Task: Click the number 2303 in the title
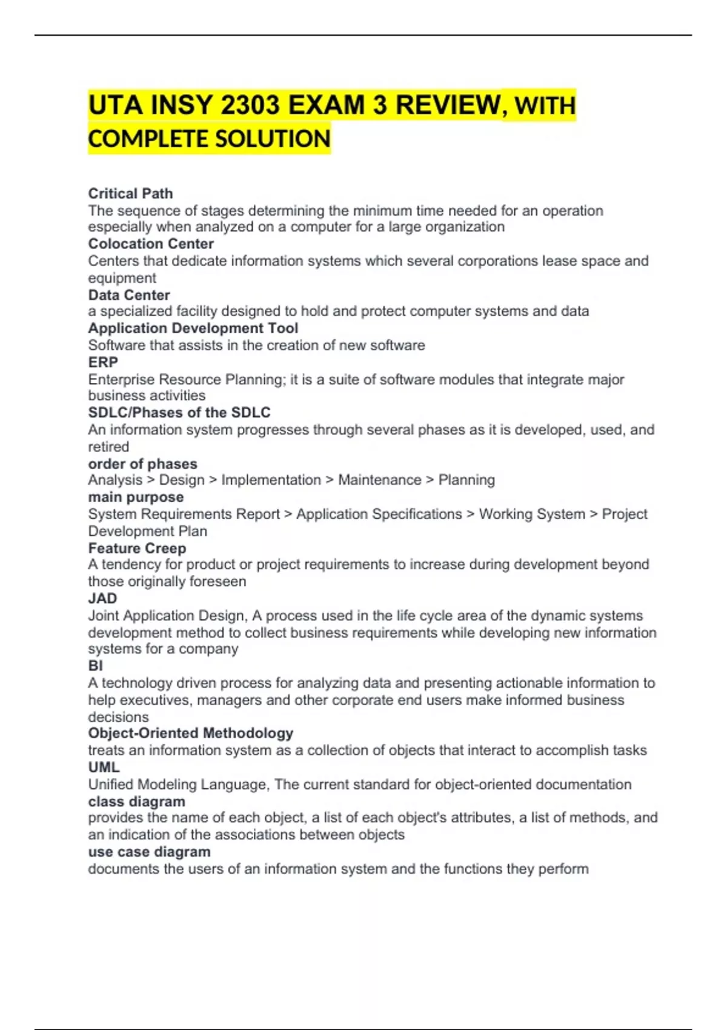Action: pos(250,105)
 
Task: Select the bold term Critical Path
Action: pos(130,193)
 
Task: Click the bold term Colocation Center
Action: pos(151,244)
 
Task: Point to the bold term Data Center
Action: pos(129,295)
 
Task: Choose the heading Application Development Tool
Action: pos(193,328)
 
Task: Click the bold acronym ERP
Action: pos(103,362)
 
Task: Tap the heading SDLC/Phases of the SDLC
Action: pos(179,413)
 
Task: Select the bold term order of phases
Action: pos(142,464)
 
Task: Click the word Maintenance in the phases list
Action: pos(379,480)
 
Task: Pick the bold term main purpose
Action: pos(136,497)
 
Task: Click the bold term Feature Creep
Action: pos(137,548)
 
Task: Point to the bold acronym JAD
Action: pos(102,599)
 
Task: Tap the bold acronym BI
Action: pos(96,666)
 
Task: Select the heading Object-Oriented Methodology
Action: pos(191,733)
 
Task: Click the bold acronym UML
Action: pos(104,767)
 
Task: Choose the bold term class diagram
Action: pos(137,802)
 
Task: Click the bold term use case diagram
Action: pos(150,852)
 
